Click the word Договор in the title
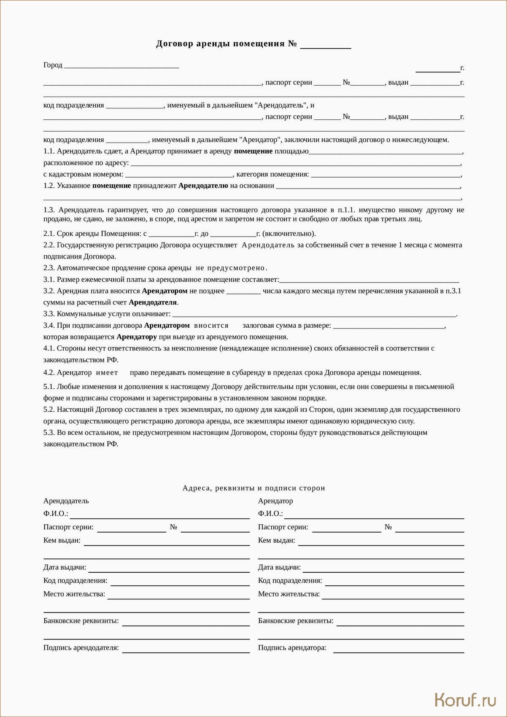175,44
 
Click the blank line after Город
121,66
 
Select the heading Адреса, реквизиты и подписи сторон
253,488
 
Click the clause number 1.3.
49,210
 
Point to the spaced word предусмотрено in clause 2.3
237,268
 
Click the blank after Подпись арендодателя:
186,650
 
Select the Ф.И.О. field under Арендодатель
160,516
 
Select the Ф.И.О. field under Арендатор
374,516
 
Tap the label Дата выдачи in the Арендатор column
279,567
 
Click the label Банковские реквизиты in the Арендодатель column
81,621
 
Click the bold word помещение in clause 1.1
253,151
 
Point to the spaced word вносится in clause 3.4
211,326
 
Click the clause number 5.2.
49,410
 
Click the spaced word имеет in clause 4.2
107,373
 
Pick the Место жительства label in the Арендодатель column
74,594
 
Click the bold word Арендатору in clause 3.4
136,337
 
